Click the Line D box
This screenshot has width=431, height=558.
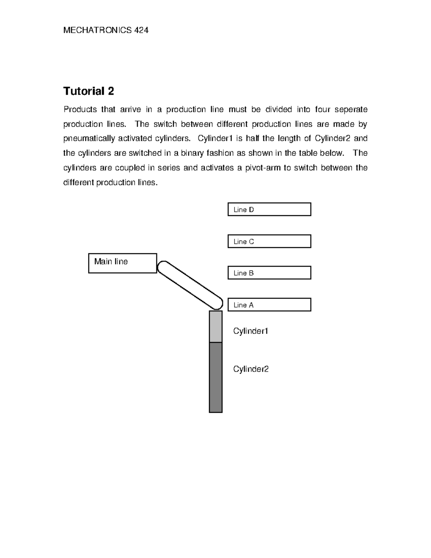tap(269, 209)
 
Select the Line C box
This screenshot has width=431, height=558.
tap(269, 241)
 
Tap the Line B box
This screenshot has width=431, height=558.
tap(269, 273)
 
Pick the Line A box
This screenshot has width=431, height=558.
tap(269, 305)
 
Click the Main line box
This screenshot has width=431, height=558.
tap(122, 263)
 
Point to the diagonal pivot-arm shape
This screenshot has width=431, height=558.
tap(190, 285)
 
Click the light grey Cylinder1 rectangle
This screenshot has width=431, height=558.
tap(215, 327)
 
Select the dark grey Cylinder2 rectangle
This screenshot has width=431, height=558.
tap(215, 377)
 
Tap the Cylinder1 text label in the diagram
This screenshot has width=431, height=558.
tap(251, 331)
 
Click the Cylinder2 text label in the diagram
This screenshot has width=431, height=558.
tap(251, 369)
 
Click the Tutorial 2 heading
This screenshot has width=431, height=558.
tap(88, 91)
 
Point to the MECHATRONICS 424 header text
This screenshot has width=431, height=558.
tap(106, 31)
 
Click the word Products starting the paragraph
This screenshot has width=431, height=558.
tap(80, 109)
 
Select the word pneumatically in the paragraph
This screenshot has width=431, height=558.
tap(89, 139)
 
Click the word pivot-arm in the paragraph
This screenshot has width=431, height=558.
tap(263, 168)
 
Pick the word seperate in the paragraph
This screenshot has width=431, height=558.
tap(351, 109)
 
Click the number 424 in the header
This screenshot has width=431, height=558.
tap(141, 31)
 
